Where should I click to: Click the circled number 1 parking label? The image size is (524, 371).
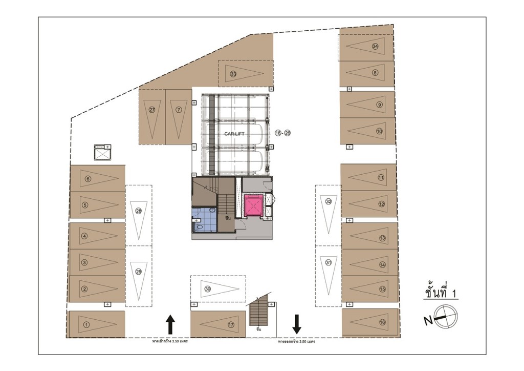(86, 324)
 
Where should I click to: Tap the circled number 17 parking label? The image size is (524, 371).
(231, 324)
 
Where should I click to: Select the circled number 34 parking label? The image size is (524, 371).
(375, 46)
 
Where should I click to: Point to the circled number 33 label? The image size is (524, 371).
(233, 74)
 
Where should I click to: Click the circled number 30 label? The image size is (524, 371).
(208, 289)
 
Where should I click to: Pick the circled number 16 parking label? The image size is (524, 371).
(382, 322)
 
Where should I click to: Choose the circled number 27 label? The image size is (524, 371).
(152, 110)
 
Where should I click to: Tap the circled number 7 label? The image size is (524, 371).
(179, 110)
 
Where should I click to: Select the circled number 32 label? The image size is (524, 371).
(329, 201)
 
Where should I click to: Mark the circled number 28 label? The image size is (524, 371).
(138, 211)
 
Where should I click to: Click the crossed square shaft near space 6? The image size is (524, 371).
(102, 153)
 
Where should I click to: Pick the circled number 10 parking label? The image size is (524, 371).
(379, 131)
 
